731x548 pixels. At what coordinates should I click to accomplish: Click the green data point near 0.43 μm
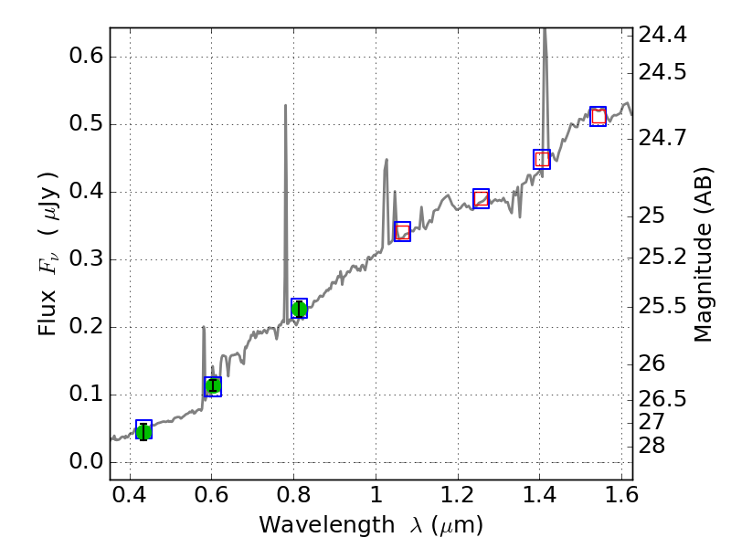143,431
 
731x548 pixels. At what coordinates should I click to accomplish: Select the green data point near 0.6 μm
213,385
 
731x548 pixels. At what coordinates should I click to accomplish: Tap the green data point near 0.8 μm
299,309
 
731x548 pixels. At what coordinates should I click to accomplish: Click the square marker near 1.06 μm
402,231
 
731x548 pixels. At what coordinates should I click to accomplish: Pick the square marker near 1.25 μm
481,198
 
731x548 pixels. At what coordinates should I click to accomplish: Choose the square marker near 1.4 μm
542,159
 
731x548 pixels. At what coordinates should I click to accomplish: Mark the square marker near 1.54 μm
599,116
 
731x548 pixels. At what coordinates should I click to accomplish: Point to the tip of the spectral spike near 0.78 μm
286,105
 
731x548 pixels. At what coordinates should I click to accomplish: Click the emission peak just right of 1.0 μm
387,160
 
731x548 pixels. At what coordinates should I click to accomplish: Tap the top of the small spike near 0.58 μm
203,327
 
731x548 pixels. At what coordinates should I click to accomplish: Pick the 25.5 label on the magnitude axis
663,305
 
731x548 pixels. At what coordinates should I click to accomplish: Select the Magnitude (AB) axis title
703,254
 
